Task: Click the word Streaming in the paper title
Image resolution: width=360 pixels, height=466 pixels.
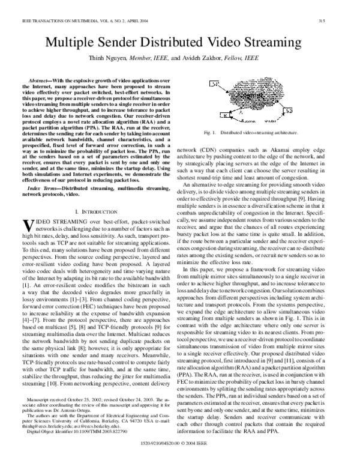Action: click(x=289, y=44)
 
